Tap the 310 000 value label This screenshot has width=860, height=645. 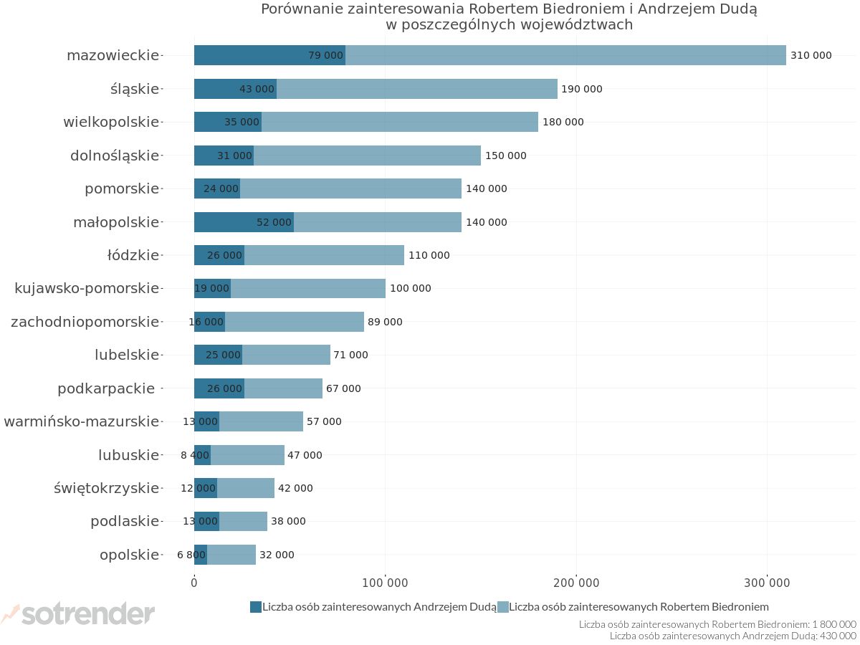[811, 55]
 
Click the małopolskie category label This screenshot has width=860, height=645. [116, 222]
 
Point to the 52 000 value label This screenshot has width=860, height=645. [274, 222]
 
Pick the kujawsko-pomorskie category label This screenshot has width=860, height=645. [87, 288]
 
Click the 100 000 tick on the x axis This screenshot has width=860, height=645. [385, 583]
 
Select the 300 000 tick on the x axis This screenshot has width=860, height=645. [767, 583]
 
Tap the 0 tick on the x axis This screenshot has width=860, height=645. [194, 583]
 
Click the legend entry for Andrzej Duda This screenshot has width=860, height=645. [373, 607]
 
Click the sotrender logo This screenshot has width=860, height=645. [79, 613]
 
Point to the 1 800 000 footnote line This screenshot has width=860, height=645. [717, 624]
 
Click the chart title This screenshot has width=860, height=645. [509, 16]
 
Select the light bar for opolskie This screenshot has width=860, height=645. [231, 555]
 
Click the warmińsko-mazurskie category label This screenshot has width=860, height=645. [81, 421]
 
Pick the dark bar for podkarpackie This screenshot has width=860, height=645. [219, 388]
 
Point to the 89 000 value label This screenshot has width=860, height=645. [385, 322]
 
